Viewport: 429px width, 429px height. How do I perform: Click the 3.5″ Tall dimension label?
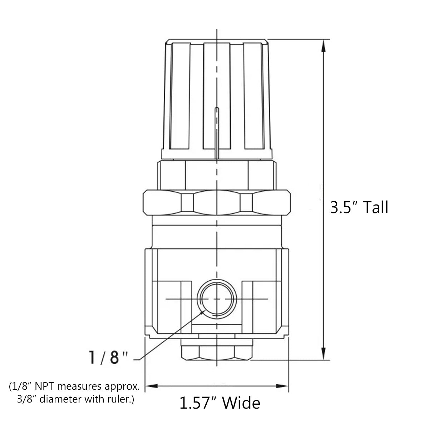[359, 207]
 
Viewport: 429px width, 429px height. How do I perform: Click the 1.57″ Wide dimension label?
[220, 403]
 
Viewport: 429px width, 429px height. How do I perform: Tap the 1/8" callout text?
[108, 357]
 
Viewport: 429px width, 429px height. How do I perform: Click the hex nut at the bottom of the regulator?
[217, 352]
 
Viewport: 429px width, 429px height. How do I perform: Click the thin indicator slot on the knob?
[216, 132]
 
